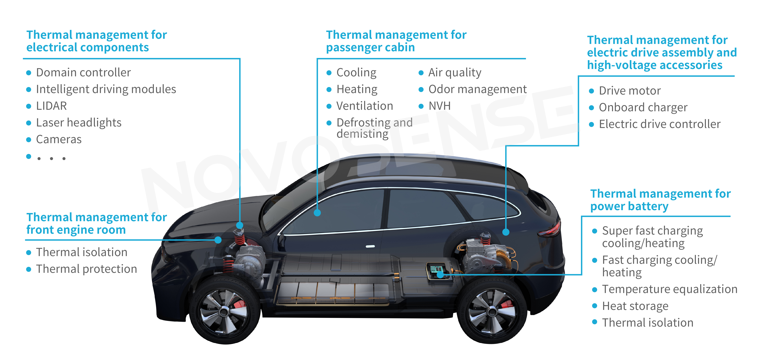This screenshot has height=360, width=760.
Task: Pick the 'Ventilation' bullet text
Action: click(x=365, y=106)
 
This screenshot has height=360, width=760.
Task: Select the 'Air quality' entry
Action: click(x=455, y=73)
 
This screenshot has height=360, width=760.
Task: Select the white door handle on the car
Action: click(x=370, y=246)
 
